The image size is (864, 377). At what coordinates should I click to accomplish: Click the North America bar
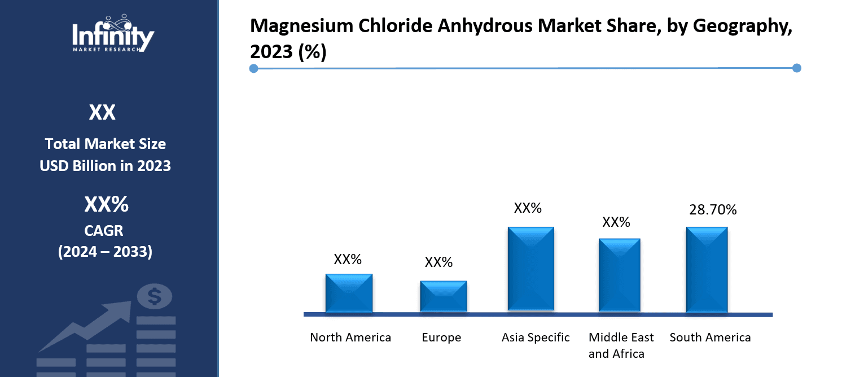tap(349, 293)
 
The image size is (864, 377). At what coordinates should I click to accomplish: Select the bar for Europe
tap(443, 296)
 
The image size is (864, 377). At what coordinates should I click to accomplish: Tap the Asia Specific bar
tap(530, 269)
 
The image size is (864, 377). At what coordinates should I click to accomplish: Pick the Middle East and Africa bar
tap(619, 275)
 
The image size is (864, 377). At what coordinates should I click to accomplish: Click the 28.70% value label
tap(713, 210)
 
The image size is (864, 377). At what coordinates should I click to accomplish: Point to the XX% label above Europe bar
tap(438, 262)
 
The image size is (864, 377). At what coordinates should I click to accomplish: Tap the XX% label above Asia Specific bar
tap(528, 208)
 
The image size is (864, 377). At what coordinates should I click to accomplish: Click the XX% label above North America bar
tap(348, 260)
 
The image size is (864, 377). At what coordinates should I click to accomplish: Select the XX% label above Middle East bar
tap(616, 222)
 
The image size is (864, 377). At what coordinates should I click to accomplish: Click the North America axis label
tap(350, 337)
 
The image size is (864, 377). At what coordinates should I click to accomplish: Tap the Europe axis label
tap(441, 337)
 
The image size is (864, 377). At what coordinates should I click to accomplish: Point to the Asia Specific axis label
tap(536, 337)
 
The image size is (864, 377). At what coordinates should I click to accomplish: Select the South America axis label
tap(710, 337)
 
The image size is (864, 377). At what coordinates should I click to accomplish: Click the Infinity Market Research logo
tap(113, 34)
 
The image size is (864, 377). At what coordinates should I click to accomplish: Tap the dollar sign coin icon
tap(155, 296)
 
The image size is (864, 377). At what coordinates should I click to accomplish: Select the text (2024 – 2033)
tap(105, 252)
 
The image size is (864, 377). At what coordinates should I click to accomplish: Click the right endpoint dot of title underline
tap(797, 68)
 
